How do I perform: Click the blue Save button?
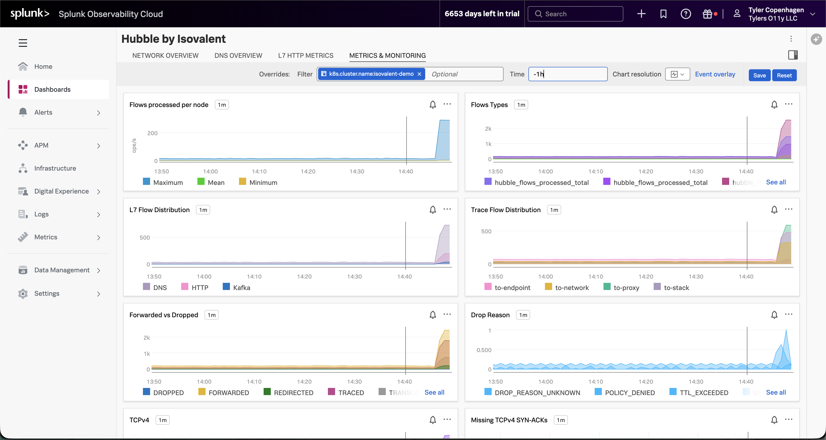[759, 75]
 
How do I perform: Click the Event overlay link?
[715, 74]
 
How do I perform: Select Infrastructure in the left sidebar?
[55, 168]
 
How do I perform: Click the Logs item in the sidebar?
[41, 214]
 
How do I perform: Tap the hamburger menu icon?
[23, 43]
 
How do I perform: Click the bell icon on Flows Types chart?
[774, 104]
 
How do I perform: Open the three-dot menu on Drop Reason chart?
[788, 314]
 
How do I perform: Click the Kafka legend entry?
[241, 287]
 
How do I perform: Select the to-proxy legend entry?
[625, 287]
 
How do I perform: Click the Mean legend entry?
[216, 182]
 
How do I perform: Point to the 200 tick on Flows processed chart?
[152, 133]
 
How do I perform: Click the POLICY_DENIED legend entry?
[629, 392]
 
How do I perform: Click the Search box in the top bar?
[575, 14]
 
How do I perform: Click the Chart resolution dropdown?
[677, 74]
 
